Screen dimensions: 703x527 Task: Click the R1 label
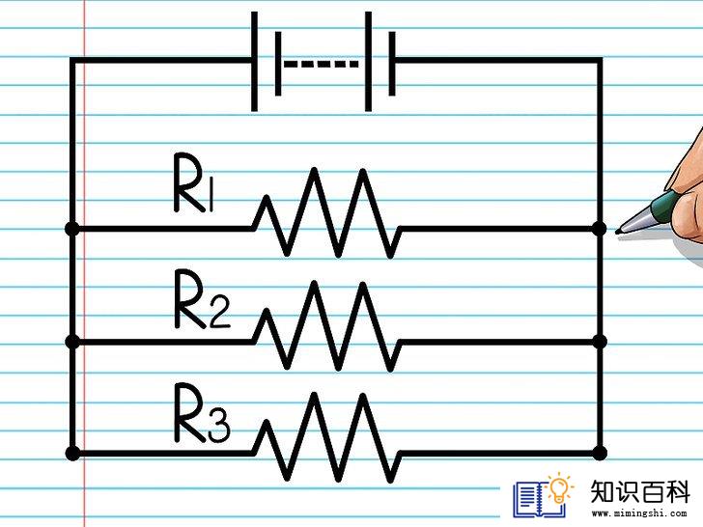[194, 182]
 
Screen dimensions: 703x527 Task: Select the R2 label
[202, 299]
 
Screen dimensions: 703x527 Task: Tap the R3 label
[202, 412]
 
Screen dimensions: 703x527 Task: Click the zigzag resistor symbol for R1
[326, 213]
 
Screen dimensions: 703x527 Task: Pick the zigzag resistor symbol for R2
[326, 326]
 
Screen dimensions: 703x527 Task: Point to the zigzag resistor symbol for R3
[326, 438]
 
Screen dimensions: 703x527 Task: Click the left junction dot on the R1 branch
[72, 229]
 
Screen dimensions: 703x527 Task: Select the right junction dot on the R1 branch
[599, 229]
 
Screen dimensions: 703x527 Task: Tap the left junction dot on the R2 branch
[72, 342]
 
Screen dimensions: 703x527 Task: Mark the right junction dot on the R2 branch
[599, 342]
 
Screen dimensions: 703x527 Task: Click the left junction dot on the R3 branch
[72, 454]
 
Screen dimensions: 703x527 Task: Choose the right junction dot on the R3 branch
[599, 454]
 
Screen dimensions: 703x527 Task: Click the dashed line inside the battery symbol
[322, 64]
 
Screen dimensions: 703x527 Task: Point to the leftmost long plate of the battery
[254, 62]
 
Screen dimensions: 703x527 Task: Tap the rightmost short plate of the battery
[392, 64]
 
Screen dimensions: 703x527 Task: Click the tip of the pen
[617, 232]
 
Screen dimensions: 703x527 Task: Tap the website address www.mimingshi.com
[639, 513]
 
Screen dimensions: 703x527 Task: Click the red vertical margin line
[84, 263]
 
